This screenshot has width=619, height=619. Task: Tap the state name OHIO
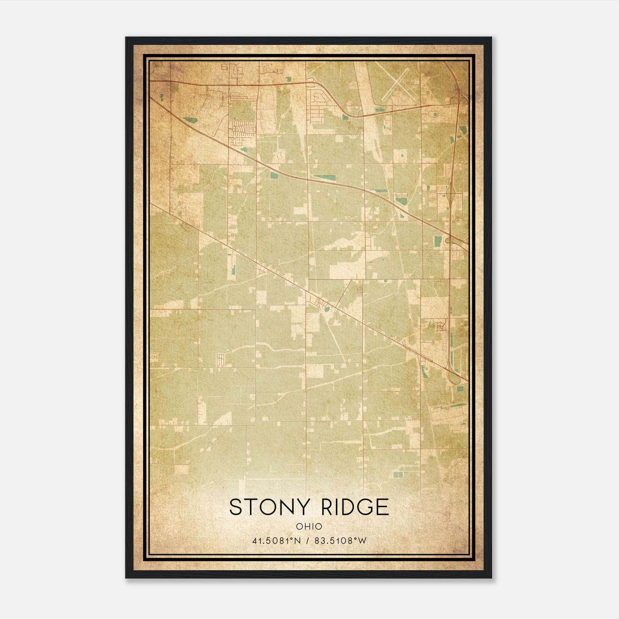click(309, 526)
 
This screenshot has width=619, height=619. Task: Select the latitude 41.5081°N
click(277, 541)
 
